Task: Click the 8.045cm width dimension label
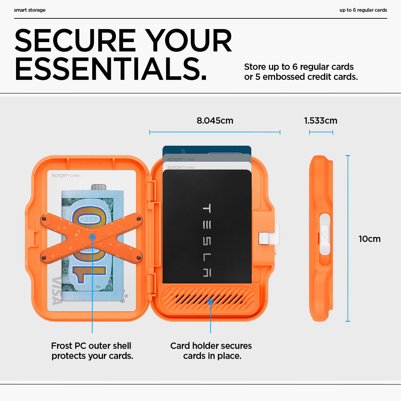(x=215, y=121)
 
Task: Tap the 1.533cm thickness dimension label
(x=320, y=121)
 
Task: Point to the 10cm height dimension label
(x=369, y=239)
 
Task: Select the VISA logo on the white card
(x=57, y=290)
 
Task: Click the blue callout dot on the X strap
(x=93, y=237)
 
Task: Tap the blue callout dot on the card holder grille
(x=211, y=302)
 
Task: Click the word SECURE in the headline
(x=75, y=41)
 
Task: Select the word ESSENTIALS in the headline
(x=110, y=69)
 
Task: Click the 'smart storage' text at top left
(x=30, y=10)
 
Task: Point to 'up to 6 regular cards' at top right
(x=363, y=10)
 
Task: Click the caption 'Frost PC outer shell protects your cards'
(x=92, y=351)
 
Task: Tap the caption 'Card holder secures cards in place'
(x=211, y=351)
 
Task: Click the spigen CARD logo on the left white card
(x=65, y=175)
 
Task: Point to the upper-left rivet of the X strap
(x=44, y=219)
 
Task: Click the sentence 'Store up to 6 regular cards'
(x=299, y=67)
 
